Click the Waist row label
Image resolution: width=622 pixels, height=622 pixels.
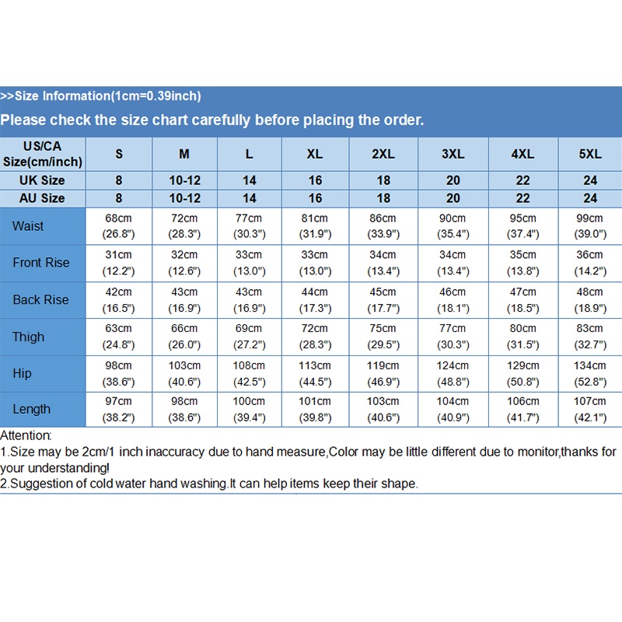tap(28, 226)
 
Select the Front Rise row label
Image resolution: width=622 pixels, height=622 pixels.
tap(41, 263)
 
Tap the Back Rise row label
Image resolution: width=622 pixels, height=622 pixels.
tap(40, 299)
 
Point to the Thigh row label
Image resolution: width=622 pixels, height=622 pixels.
tap(28, 337)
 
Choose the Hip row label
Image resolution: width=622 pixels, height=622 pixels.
tap(23, 373)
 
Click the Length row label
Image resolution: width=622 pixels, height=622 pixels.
tap(32, 409)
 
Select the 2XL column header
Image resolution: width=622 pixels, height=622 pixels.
tap(383, 154)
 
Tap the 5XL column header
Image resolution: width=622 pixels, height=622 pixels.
tap(590, 154)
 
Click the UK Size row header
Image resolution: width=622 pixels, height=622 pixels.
tap(42, 180)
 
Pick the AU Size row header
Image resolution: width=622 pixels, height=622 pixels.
tap(42, 198)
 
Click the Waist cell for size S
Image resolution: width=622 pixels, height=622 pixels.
tap(119, 226)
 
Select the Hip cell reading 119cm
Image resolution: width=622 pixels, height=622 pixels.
tap(383, 373)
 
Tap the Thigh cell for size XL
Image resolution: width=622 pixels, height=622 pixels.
tap(315, 337)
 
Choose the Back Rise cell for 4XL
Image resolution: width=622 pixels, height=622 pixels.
tap(522, 299)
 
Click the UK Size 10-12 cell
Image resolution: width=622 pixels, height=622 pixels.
tap(184, 180)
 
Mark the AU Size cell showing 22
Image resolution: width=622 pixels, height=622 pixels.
tap(522, 198)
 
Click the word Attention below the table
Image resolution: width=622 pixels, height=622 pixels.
tap(26, 436)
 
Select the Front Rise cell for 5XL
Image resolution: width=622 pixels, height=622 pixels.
tap(590, 263)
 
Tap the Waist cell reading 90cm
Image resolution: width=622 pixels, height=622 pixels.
tap(453, 226)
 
